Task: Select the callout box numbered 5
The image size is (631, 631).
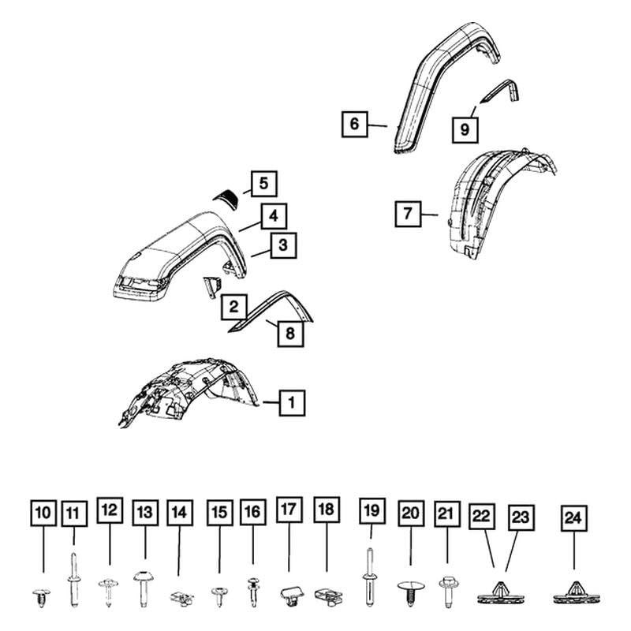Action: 263,185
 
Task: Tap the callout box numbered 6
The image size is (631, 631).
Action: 354,124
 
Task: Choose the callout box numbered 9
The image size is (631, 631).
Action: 465,128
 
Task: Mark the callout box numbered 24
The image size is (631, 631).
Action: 572,518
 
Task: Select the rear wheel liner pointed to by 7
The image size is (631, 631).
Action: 497,205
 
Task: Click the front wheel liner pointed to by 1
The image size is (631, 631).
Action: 189,390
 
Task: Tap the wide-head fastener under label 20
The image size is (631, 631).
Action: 410,592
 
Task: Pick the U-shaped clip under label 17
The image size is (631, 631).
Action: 289,596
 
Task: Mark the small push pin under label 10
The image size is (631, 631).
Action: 40,597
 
